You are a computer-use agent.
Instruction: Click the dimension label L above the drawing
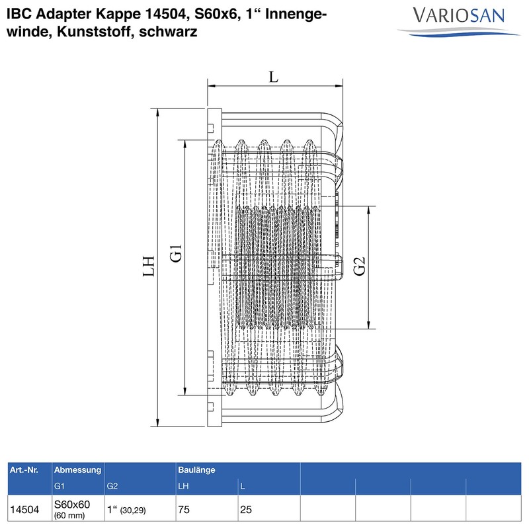click(x=274, y=76)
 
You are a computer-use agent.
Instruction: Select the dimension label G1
click(x=175, y=254)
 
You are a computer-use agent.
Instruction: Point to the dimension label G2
click(x=360, y=268)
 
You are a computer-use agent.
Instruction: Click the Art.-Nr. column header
click(x=24, y=469)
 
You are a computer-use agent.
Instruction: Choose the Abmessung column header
click(x=77, y=469)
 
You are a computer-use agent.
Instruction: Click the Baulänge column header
click(x=196, y=469)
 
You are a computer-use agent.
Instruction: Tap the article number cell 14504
click(x=24, y=510)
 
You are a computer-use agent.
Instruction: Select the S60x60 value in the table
click(x=71, y=505)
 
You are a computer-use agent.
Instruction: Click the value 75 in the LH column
click(x=183, y=510)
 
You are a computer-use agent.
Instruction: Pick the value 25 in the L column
click(x=245, y=510)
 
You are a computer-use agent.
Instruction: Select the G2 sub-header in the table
click(x=112, y=487)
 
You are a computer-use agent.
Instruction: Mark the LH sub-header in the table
click(x=184, y=487)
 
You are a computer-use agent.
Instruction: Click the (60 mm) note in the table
click(x=69, y=515)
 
